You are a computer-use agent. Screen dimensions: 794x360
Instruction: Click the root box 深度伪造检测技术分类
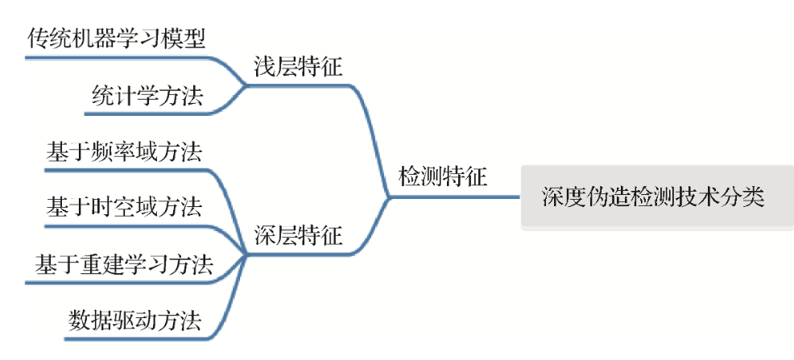click(x=652, y=197)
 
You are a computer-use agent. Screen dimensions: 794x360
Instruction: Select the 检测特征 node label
click(x=443, y=176)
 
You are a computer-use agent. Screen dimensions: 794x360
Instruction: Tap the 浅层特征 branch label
click(x=298, y=68)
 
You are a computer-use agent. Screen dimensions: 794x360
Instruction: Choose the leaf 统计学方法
click(x=147, y=97)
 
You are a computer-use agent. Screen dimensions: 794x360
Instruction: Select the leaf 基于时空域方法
click(x=124, y=207)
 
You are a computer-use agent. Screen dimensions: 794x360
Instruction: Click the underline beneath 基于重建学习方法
click(x=121, y=282)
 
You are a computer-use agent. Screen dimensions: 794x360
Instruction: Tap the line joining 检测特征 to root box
click(x=503, y=194)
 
